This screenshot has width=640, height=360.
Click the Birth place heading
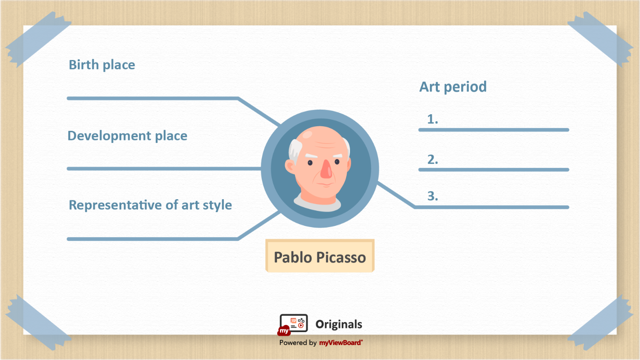(102, 65)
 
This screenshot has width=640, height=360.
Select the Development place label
(127, 136)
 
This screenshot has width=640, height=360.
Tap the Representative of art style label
(150, 205)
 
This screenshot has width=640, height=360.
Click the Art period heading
(453, 87)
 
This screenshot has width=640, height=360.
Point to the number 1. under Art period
(432, 119)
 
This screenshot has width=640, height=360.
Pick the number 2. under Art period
(432, 160)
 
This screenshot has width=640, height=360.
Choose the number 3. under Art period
(432, 196)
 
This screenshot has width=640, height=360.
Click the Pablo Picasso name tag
(320, 256)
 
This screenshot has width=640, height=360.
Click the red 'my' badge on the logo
(284, 330)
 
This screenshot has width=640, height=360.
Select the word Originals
(339, 324)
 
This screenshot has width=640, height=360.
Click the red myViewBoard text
(341, 342)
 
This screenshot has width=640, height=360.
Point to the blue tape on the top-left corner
(38, 40)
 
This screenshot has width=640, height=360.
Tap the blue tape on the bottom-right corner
(600, 322)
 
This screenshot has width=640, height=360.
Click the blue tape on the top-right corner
(600, 40)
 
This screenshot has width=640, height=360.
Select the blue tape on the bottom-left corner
(38, 322)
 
